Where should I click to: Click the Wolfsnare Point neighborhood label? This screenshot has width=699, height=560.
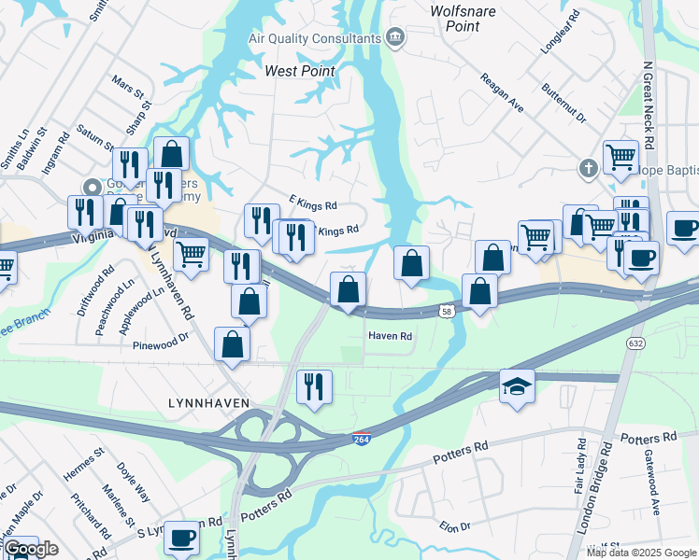coord(456,19)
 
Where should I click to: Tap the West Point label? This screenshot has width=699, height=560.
coord(300,71)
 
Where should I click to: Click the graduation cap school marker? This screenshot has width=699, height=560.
coord(517,386)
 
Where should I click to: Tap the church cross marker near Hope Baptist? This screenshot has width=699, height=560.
coord(588,169)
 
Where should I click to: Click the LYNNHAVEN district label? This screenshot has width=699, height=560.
coord(207,402)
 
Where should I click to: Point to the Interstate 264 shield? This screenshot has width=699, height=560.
coord(362,439)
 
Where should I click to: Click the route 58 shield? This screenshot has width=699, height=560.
coord(448,312)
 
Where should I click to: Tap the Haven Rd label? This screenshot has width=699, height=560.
coord(390,336)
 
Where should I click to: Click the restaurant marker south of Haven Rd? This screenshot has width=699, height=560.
coord(314,386)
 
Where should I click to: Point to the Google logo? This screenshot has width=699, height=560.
coord(30,549)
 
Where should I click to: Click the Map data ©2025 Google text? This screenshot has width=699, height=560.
coord(641,553)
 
